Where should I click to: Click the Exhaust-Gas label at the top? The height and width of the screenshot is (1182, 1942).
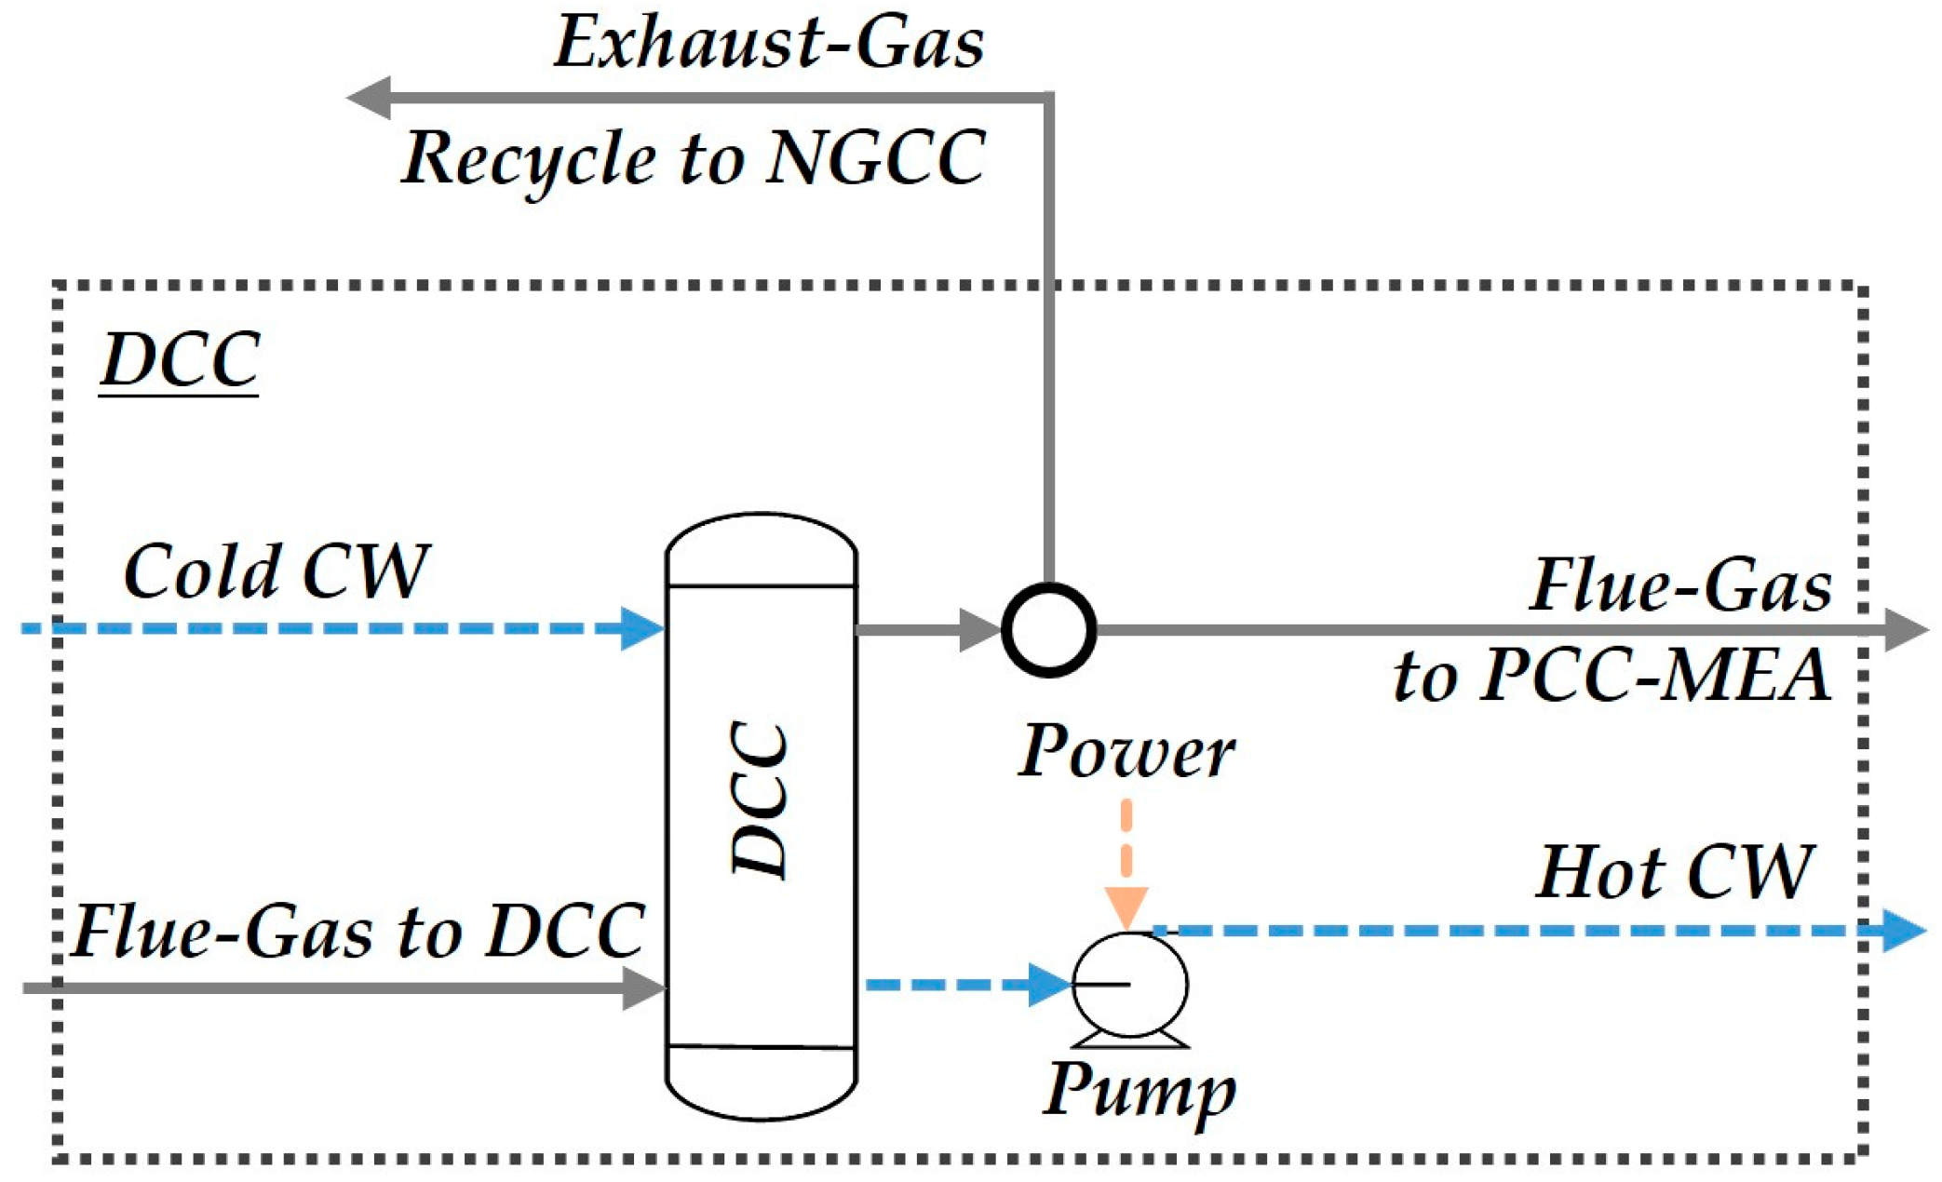coord(769,43)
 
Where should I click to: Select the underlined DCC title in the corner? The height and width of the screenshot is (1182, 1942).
coord(180,360)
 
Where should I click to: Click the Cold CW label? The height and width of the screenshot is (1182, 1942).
coord(276,571)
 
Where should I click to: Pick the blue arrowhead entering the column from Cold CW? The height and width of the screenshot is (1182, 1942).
coord(642,628)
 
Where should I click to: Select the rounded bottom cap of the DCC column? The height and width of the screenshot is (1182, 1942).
coord(761,1084)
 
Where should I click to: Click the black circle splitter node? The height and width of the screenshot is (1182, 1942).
coord(1048,630)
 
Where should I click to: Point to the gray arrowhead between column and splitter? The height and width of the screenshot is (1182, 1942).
coord(979,630)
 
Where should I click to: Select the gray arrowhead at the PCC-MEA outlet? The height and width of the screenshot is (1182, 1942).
coord(1905,630)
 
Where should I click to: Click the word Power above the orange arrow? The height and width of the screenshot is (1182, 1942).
coord(1126,752)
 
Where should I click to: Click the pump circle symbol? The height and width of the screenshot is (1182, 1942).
coord(1129,985)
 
